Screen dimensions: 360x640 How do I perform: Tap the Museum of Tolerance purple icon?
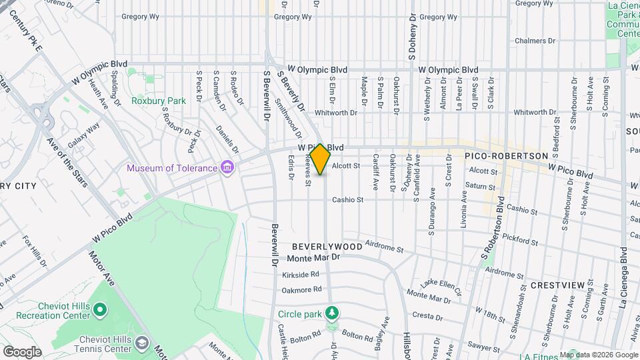(x=227, y=166)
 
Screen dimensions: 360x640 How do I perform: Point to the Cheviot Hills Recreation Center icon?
(x=100, y=309)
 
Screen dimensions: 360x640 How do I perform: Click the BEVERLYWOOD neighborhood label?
(x=327, y=247)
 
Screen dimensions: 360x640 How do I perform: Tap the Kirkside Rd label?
(x=301, y=274)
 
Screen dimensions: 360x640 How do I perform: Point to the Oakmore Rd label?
(x=302, y=289)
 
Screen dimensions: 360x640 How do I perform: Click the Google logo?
(x=22, y=351)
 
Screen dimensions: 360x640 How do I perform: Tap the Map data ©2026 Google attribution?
(x=598, y=355)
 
